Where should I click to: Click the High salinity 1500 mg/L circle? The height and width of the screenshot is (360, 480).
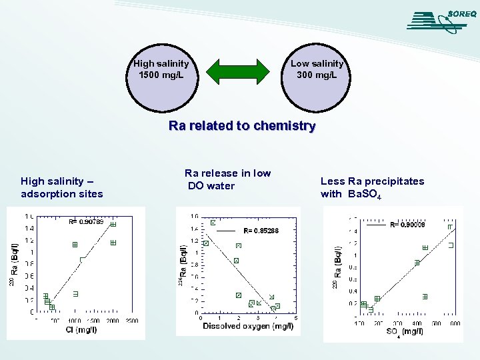pos(161,70)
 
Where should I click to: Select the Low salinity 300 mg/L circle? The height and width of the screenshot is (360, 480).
pos(317,70)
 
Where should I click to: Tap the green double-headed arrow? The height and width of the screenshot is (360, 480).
pos(239,71)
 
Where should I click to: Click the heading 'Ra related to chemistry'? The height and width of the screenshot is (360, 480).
pos(241,125)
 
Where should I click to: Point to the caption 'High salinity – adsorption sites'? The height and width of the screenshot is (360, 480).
pos(62,187)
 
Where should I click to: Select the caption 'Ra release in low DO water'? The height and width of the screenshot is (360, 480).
pos(227,179)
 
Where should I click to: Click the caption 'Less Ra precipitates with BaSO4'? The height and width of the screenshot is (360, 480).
pos(372,187)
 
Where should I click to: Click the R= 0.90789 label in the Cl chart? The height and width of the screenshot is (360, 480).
pos(86,222)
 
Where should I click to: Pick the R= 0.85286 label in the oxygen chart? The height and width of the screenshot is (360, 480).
pos(261,231)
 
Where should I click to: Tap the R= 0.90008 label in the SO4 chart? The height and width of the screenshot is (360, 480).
pos(407,225)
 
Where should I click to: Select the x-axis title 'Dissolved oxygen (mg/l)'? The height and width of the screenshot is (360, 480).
pos(248,326)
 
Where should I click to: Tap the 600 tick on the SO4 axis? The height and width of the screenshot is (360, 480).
pos(455,323)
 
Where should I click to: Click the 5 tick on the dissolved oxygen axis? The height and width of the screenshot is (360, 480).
pos(295,318)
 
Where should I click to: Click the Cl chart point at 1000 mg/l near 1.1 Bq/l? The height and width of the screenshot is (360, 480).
pos(75,245)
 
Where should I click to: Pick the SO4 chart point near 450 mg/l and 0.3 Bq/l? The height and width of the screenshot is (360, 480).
pos(425,296)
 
